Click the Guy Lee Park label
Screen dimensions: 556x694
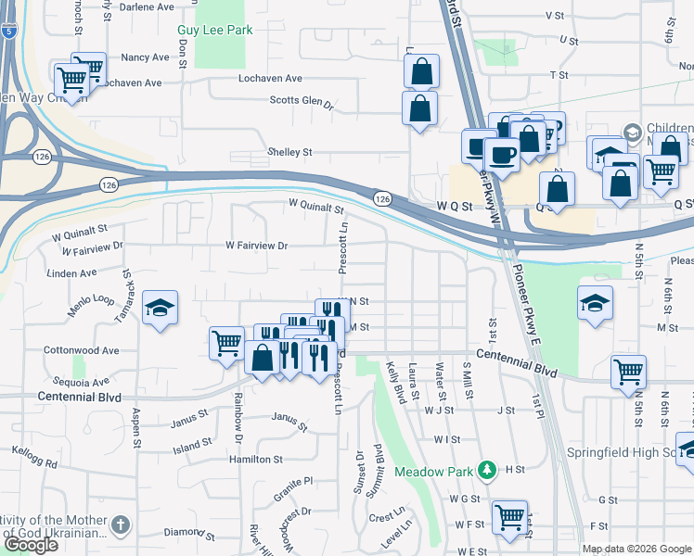point(214,30)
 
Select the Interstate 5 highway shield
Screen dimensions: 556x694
point(7,32)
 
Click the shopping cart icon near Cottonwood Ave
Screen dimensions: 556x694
point(227,344)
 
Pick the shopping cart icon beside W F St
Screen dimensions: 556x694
point(509,516)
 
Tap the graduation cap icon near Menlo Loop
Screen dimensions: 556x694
point(161,308)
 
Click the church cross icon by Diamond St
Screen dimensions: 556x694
point(119,525)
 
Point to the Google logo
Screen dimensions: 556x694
point(30,545)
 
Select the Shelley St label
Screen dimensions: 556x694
point(290,152)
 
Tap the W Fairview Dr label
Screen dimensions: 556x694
point(257,246)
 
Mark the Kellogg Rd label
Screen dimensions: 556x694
point(36,461)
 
